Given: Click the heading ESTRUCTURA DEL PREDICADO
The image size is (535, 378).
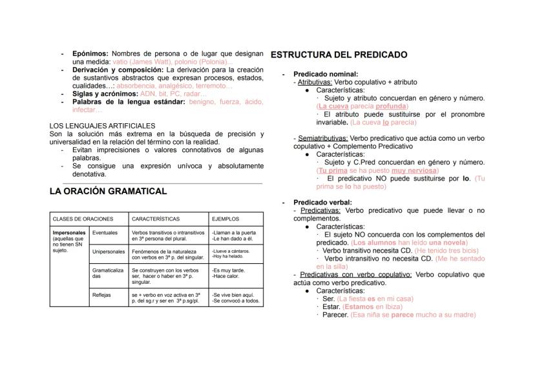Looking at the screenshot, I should pyautogui.click(x=339, y=55).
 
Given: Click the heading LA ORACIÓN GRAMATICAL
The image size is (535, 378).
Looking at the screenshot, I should pyautogui.click(x=108, y=191).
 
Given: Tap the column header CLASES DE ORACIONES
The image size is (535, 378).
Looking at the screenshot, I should pyautogui.click(x=83, y=219).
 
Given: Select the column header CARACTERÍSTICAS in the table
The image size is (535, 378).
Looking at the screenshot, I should pyautogui.click(x=156, y=219).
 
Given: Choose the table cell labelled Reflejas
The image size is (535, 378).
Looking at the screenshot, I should pyautogui.click(x=102, y=295).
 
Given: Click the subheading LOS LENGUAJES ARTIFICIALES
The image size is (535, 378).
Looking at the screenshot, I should pyautogui.click(x=102, y=125).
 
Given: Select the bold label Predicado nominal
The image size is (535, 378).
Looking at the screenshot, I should pyautogui.click(x=325, y=74).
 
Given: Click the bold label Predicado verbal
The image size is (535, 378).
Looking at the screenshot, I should pyautogui.click(x=322, y=202).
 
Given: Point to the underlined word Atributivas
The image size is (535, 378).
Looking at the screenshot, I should pyautogui.click(x=315, y=82).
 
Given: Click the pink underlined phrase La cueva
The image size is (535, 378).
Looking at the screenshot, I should pyautogui.click(x=333, y=106).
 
